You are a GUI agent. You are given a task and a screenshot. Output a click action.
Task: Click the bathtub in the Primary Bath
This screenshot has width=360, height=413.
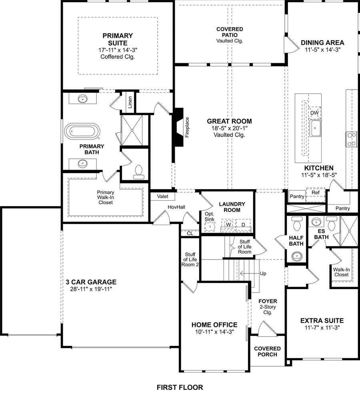[82, 131]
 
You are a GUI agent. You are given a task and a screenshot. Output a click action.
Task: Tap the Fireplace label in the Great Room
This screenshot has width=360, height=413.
[187, 127]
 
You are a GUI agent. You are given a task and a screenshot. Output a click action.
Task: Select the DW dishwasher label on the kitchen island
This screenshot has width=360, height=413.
[314, 113]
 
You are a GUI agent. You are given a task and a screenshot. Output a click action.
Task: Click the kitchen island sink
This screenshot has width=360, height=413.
[315, 128]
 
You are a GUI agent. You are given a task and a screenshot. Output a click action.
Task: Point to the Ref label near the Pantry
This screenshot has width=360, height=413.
[316, 193]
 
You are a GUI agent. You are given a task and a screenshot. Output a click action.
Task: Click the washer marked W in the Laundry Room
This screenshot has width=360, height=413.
[229, 225]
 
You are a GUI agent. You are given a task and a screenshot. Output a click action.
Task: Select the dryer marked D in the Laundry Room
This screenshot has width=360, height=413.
[242, 225]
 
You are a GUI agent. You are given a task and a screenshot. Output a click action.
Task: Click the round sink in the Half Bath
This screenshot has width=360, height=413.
[296, 255]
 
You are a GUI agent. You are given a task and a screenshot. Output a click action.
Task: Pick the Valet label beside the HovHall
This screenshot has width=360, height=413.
[162, 196]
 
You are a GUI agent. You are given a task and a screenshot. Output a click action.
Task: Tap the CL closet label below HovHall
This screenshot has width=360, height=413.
[190, 233]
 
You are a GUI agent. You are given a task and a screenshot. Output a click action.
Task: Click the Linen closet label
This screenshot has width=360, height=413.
[130, 102]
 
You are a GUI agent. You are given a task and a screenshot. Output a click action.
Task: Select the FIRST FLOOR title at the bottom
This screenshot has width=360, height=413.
[180, 387]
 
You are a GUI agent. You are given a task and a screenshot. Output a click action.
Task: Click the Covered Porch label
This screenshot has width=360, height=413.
[267, 351]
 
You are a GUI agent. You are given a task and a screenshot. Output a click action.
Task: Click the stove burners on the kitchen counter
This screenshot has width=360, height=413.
[351, 139]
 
